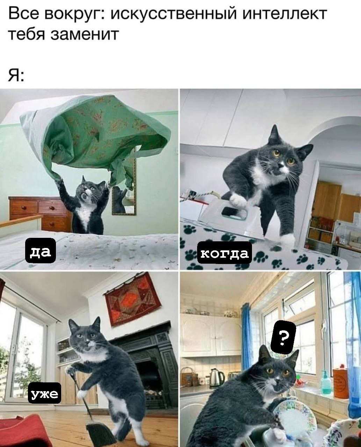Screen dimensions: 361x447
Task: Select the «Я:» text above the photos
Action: pyautogui.click(x=16, y=75)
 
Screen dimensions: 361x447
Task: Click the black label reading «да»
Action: pyautogui.click(x=41, y=250)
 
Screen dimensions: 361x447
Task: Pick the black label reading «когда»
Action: pyautogui.click(x=224, y=253)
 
